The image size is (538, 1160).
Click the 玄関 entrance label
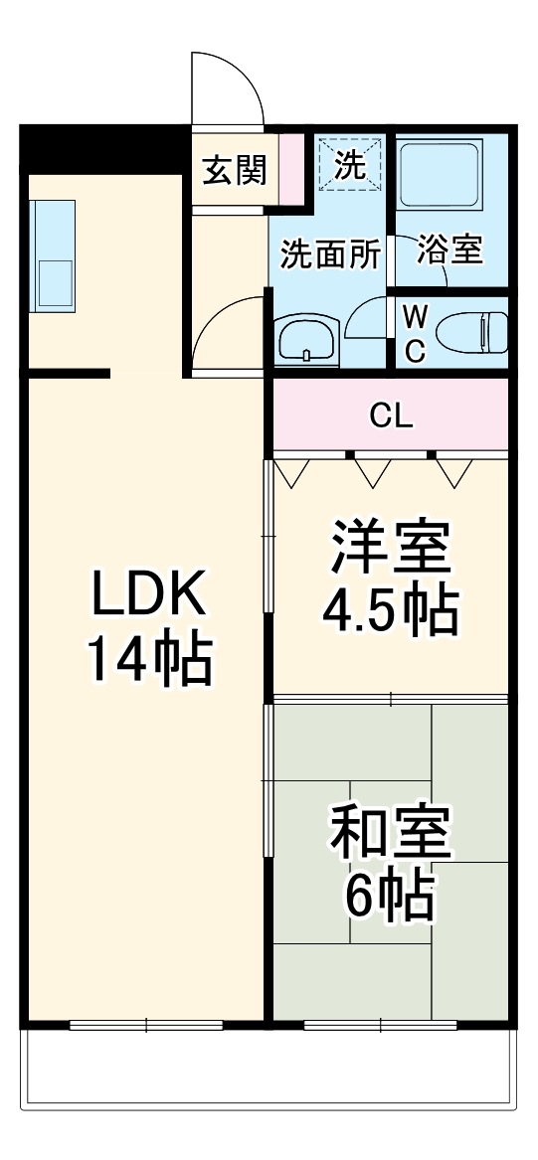[235, 170]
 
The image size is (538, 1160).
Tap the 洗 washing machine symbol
[349, 163]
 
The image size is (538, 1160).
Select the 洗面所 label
[329, 254]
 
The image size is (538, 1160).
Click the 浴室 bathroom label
[450, 250]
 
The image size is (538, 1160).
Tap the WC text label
[416, 333]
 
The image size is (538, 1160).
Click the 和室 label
[391, 833]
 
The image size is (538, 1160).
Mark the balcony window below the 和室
[366, 1024]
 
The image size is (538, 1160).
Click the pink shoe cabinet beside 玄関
[290, 168]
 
